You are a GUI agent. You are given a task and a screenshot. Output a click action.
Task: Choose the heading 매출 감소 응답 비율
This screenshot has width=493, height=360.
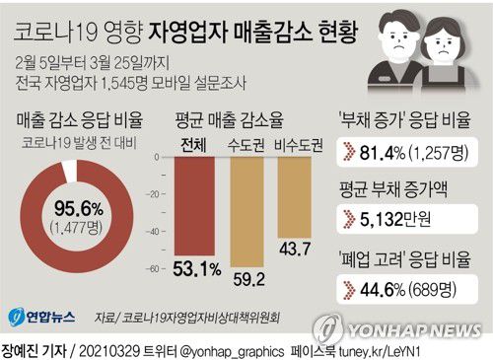pyautogui.click(x=80, y=121)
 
